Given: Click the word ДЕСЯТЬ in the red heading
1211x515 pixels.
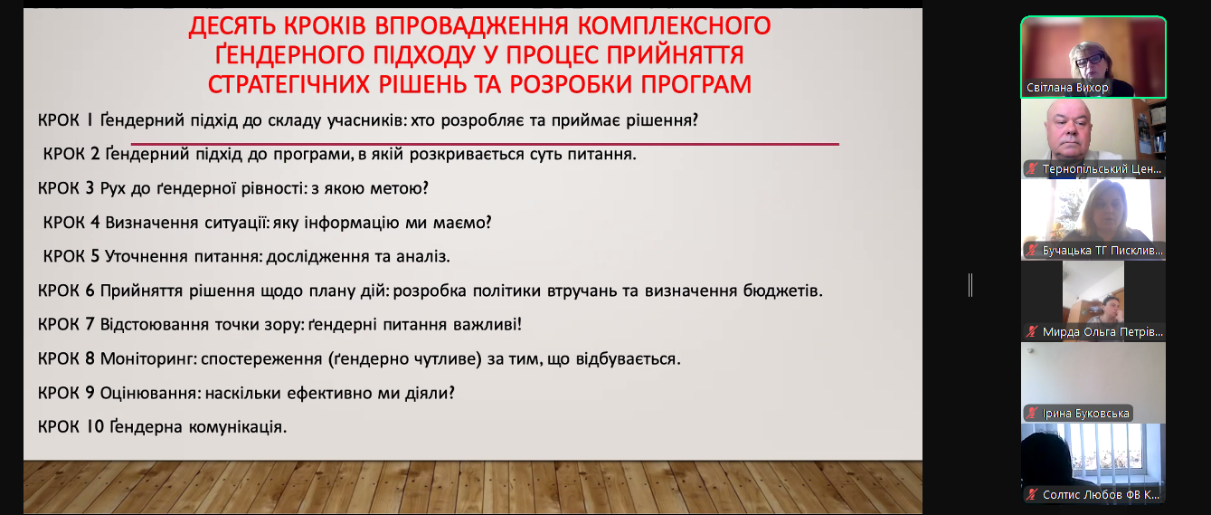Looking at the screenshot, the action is (x=232, y=26).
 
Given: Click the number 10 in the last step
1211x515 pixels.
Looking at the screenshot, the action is (x=95, y=426).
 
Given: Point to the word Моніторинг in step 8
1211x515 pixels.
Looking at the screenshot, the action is (x=148, y=358).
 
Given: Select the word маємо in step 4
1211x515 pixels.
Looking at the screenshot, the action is (x=462, y=223).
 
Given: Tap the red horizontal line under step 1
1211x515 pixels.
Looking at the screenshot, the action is (x=485, y=145).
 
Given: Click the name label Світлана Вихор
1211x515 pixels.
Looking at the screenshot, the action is (x=1066, y=88).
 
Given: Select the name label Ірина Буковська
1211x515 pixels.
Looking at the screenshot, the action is (x=1085, y=414).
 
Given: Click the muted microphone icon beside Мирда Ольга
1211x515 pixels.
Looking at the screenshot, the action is (x=1032, y=331).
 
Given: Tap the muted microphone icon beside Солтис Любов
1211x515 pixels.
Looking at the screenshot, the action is (x=1032, y=494).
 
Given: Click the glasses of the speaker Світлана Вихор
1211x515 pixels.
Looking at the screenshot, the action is (x=1090, y=60).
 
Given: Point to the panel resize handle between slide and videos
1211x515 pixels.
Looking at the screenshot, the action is (x=971, y=285).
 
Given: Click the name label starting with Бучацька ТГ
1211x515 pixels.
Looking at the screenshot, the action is (x=1102, y=251).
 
